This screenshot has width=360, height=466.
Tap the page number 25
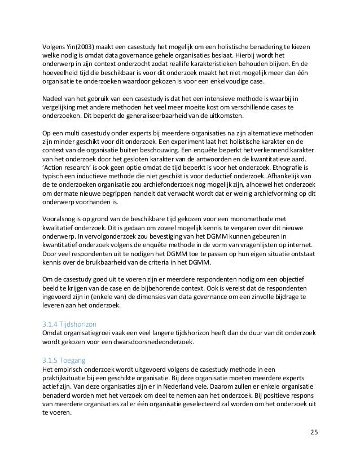pos(314,433)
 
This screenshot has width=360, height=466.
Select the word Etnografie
pos(289,167)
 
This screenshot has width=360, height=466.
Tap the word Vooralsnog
pos(61,218)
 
